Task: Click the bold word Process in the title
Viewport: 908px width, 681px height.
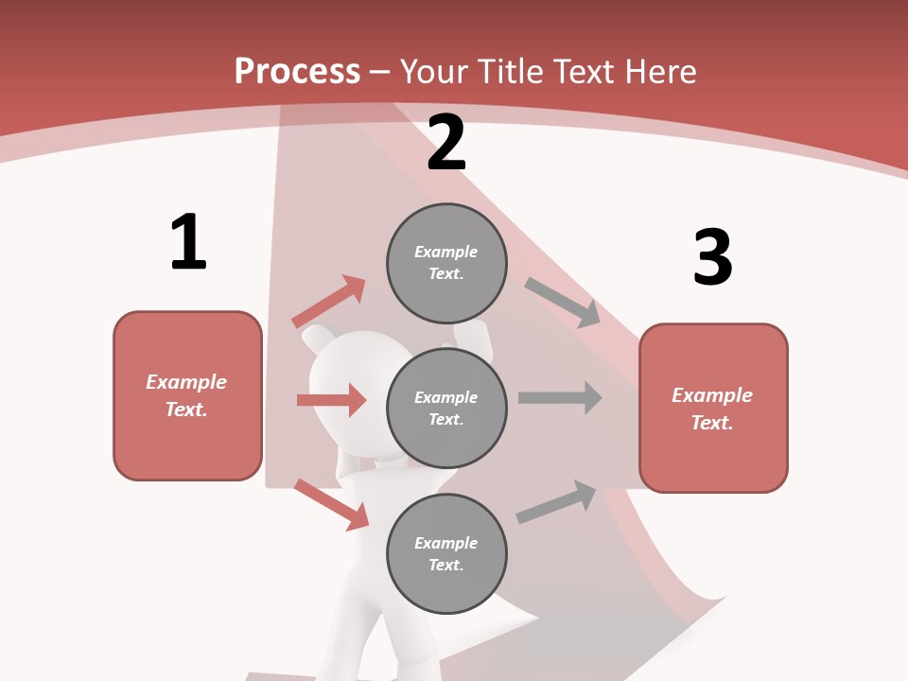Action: (x=297, y=72)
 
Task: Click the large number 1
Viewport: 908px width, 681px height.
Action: (x=188, y=242)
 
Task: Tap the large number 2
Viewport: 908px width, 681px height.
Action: (x=446, y=144)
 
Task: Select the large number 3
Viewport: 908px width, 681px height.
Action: (x=712, y=257)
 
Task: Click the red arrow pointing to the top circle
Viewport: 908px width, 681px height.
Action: (x=329, y=301)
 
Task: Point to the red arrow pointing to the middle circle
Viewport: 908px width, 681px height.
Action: (x=331, y=400)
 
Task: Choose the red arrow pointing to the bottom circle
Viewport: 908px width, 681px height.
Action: (x=331, y=504)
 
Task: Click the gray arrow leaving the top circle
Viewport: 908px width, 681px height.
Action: (x=563, y=303)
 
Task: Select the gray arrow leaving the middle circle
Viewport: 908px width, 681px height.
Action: (x=560, y=397)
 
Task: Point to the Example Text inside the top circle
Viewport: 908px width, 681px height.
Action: (x=446, y=263)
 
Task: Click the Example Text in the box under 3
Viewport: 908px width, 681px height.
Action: (x=712, y=409)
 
